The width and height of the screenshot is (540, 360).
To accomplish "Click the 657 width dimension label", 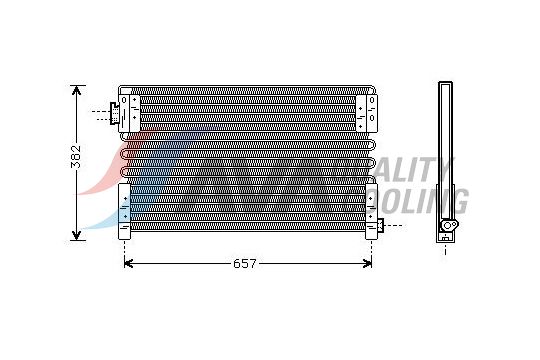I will click(246, 264).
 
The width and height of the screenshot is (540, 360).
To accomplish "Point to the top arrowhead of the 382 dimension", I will click(77, 91).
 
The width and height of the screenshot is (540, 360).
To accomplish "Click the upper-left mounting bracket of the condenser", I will click(126, 109).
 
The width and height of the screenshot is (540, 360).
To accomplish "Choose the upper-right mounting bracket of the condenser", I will click(372, 109).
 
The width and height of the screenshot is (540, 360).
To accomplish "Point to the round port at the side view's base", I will click(449, 228).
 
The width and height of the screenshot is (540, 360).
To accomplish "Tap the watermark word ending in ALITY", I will click(415, 170).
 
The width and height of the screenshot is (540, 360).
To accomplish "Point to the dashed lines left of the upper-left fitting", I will click(100, 113).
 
